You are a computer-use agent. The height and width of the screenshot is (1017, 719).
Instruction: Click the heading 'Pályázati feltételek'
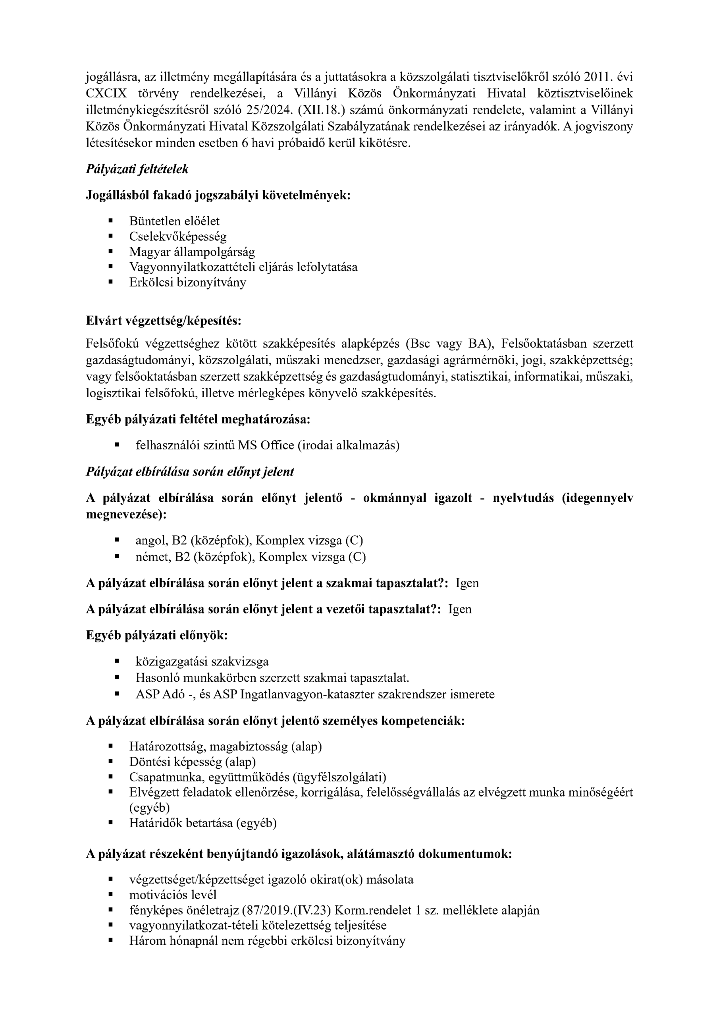tap(137, 169)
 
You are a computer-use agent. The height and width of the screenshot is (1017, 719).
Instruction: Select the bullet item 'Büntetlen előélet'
tap(174, 221)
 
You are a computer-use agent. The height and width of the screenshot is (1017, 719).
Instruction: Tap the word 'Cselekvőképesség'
tap(177, 236)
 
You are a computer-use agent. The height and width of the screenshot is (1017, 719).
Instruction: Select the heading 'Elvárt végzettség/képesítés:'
tap(164, 321)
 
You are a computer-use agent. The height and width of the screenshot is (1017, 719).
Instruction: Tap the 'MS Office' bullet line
tap(268, 445)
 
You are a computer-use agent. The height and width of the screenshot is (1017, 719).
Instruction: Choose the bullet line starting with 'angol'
tap(249, 540)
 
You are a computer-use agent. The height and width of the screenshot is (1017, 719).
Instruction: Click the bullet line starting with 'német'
tap(251, 557)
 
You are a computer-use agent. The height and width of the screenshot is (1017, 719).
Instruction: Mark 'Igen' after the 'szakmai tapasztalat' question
tap(467, 583)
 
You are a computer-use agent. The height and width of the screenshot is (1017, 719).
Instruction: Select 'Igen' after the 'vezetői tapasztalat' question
tap(460, 609)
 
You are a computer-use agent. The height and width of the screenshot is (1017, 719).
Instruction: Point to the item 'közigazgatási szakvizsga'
tap(202, 662)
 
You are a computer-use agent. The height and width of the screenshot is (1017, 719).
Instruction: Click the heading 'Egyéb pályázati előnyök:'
tap(157, 635)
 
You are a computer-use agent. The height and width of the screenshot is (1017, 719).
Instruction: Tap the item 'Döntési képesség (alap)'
tap(193, 762)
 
